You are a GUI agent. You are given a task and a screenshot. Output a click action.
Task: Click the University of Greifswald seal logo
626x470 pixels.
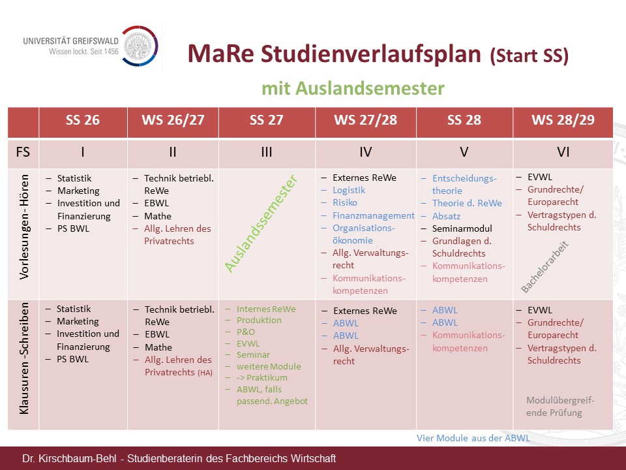click(140, 46)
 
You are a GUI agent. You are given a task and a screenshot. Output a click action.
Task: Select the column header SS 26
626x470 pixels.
click(83, 120)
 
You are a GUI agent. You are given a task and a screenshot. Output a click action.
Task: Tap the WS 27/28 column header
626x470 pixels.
click(365, 120)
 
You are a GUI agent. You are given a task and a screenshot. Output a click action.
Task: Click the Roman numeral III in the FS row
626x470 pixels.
click(266, 152)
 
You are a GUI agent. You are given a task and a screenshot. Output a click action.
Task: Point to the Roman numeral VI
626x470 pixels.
click(563, 152)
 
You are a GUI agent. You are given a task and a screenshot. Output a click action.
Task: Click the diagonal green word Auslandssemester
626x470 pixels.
click(261, 223)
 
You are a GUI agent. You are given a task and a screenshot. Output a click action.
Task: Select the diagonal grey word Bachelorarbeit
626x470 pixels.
click(545, 266)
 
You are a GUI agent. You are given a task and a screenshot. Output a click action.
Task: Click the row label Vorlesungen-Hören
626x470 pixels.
click(24, 227)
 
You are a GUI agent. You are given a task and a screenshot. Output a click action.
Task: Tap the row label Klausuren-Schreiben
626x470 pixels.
click(24, 358)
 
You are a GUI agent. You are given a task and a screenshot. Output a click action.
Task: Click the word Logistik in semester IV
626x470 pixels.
click(349, 190)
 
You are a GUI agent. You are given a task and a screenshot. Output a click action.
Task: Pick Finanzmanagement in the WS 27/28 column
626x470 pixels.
click(373, 215)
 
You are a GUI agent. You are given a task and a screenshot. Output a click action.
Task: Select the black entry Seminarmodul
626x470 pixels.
click(462, 228)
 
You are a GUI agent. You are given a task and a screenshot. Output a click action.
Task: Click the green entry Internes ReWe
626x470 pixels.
click(266, 309)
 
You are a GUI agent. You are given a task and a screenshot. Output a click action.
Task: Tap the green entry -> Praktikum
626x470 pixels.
click(262, 378)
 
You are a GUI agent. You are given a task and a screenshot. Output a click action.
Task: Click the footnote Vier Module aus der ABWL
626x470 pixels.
click(473, 438)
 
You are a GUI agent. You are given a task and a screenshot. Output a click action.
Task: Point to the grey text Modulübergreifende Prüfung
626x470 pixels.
click(560, 407)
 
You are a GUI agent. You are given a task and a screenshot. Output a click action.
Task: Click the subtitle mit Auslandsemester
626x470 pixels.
click(353, 88)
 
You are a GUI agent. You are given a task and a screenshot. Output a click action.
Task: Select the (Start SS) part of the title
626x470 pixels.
click(529, 55)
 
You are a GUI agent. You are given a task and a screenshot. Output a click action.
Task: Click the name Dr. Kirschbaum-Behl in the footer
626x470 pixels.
click(69, 458)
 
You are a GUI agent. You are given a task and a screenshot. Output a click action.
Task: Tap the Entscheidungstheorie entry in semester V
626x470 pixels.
click(464, 185)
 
